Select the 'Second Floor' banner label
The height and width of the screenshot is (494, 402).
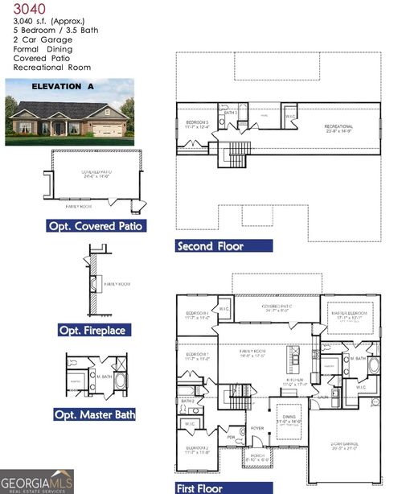click(211, 245)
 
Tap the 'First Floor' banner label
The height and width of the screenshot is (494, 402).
click(205, 487)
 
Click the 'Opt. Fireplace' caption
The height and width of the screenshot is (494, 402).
click(92, 330)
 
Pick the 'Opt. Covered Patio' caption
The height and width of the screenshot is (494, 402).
click(96, 226)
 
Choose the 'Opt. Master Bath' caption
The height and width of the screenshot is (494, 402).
click(94, 414)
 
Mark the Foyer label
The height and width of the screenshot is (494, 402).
click(256, 428)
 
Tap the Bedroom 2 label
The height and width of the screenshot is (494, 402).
click(198, 449)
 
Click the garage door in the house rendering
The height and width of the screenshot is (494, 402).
click(106, 129)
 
